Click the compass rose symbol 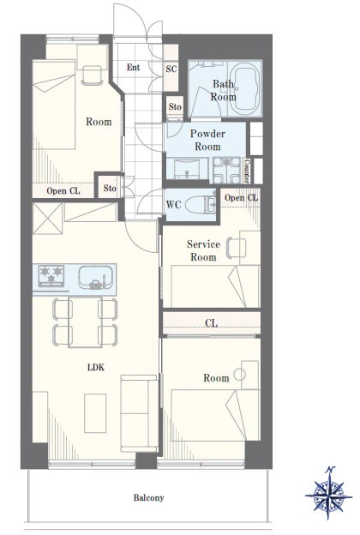tap(329, 493)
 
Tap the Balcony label tap(149, 497)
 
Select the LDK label tap(96, 367)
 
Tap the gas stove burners tap(51, 275)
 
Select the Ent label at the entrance tap(133, 67)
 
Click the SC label tap(171, 69)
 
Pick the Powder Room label tap(207, 140)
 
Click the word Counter tap(247, 171)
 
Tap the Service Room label tap(203, 250)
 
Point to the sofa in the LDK tap(139, 413)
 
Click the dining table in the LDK tap(86, 322)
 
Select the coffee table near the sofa tap(95, 413)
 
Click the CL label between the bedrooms tap(211, 322)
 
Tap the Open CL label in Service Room tap(241, 198)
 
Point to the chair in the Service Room tap(237, 248)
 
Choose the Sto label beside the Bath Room tap(175, 107)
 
